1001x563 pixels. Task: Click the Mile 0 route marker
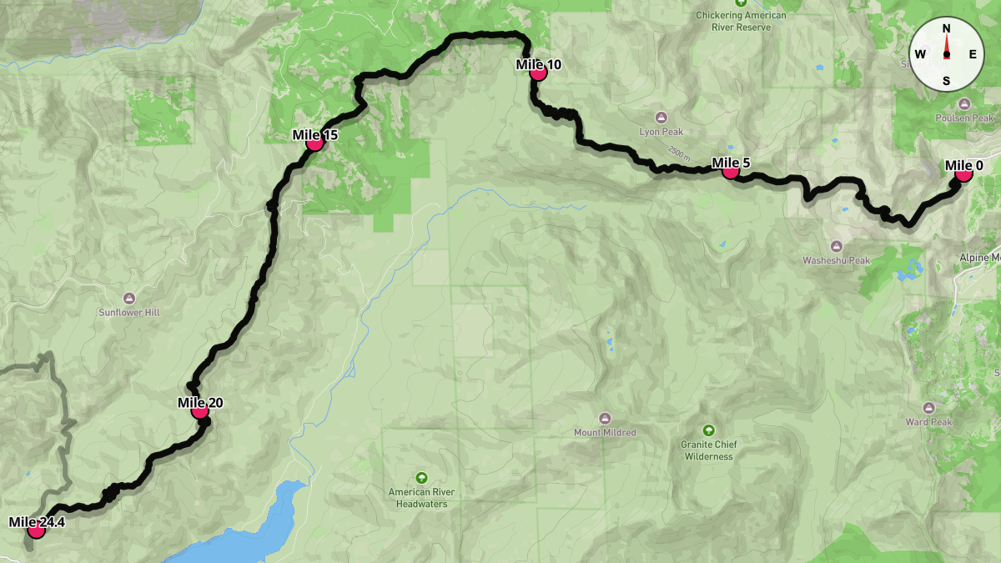pyautogui.click(x=963, y=173)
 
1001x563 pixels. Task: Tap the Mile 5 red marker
pyautogui.click(x=730, y=171)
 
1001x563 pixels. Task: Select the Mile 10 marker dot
pyautogui.click(x=538, y=73)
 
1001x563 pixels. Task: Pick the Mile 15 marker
pyautogui.click(x=314, y=143)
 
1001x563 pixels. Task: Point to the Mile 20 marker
pyautogui.click(x=199, y=410)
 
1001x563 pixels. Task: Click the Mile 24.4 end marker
pyautogui.click(x=36, y=530)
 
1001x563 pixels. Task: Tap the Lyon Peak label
pyautogui.click(x=661, y=132)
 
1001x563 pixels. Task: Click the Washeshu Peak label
pyautogui.click(x=836, y=260)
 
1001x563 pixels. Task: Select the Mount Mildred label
pyautogui.click(x=605, y=432)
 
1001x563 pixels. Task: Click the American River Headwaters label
pyautogui.click(x=421, y=498)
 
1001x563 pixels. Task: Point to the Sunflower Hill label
pyautogui.click(x=128, y=312)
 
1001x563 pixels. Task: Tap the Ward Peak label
pyautogui.click(x=928, y=422)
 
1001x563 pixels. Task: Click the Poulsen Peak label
pyautogui.click(x=964, y=118)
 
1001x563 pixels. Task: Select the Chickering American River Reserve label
pyautogui.click(x=742, y=21)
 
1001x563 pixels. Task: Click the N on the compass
pyautogui.click(x=946, y=28)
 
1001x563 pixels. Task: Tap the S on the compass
pyautogui.click(x=946, y=80)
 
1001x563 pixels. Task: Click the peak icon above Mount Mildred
pyautogui.click(x=605, y=417)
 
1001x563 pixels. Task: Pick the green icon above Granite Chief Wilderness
pyautogui.click(x=708, y=430)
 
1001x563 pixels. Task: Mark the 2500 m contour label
pyautogui.click(x=679, y=157)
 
